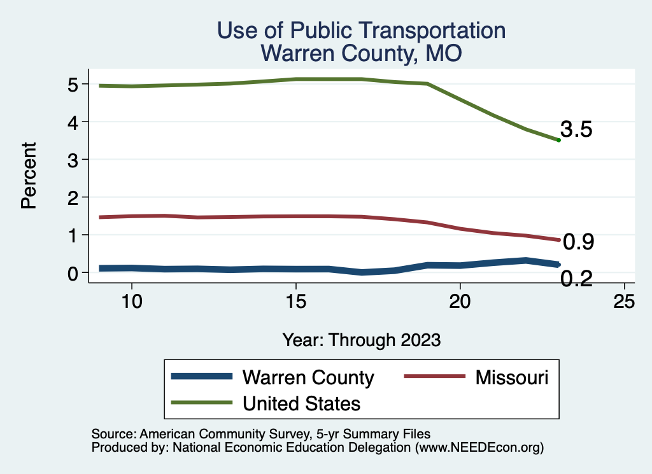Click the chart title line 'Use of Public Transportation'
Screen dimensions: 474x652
[361, 31]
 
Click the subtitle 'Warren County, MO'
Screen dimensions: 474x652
[361, 53]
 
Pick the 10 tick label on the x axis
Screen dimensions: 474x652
[131, 302]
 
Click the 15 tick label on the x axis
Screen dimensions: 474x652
[295, 302]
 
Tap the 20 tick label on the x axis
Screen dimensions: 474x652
[460, 302]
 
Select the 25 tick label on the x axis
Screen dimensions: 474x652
[624, 302]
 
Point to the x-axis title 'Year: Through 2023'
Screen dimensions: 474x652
[362, 340]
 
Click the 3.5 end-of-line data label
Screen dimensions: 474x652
[577, 130]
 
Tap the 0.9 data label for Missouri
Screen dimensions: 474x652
[579, 242]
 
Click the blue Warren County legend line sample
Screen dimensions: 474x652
[201, 377]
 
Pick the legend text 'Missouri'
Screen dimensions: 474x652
[511, 377]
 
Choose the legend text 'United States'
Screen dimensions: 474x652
[301, 403]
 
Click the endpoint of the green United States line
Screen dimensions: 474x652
[558, 140]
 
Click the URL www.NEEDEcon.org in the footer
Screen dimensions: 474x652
[479, 448]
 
